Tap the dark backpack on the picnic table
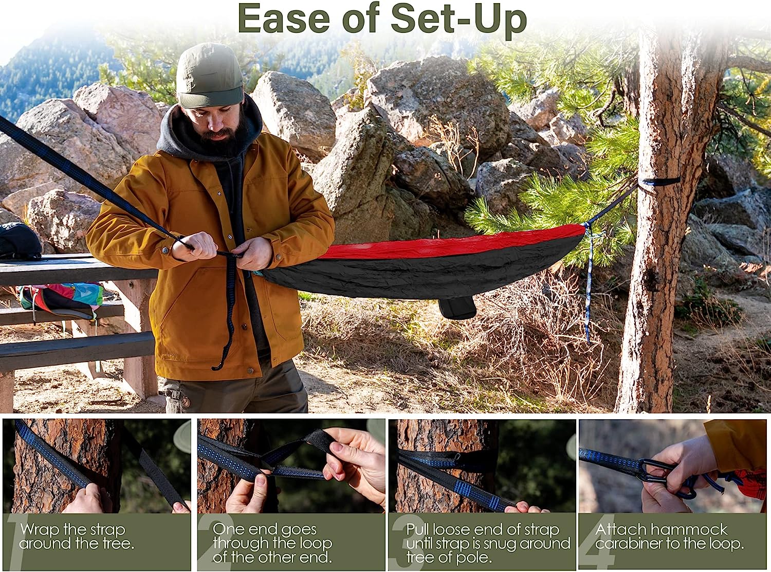(19, 241)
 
